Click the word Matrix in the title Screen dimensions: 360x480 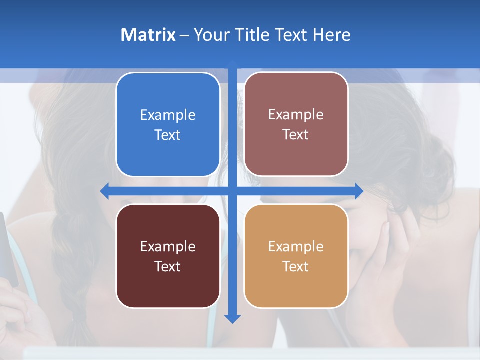(148, 35)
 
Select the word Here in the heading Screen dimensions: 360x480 (331, 35)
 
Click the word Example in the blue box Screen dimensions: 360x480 (168, 115)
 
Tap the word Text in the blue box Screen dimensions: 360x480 (168, 135)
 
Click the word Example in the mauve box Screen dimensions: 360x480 (296, 114)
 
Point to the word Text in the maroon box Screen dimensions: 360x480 (168, 266)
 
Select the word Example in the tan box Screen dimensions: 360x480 (296, 246)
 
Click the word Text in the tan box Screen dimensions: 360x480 (296, 266)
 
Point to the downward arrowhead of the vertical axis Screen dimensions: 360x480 (232, 318)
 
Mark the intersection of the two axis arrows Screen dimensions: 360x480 (232, 190)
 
